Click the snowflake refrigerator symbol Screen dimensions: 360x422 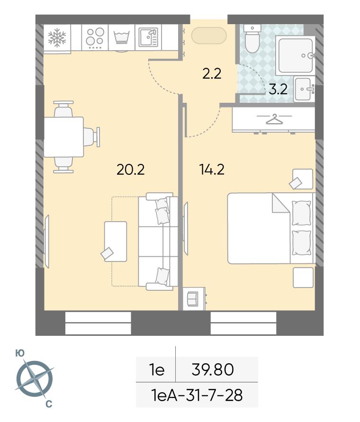point(57,38)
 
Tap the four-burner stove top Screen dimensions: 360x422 point(95,38)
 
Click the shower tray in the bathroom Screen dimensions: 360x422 point(296,55)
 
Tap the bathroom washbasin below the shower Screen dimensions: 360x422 point(304,89)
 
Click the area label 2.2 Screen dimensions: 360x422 point(212,74)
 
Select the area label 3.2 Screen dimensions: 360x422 point(278,89)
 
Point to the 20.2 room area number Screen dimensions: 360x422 point(131,170)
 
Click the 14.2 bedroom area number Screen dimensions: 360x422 point(212,170)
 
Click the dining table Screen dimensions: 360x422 point(64,137)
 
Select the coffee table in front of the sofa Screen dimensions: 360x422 point(116,242)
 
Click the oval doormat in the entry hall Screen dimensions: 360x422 point(209,35)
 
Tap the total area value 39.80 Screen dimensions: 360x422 point(212,369)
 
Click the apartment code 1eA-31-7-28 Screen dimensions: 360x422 point(197,395)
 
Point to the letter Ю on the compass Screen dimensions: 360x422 point(20,353)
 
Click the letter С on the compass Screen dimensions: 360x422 point(49,404)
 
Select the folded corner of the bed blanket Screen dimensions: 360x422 point(280,204)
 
